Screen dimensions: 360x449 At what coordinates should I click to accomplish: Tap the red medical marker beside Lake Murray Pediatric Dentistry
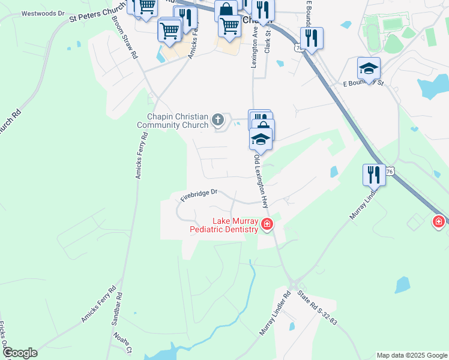267,226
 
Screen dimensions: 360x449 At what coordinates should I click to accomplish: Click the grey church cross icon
218,121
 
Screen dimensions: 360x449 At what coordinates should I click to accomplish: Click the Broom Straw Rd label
125,37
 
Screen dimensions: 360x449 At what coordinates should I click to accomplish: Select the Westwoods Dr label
43,13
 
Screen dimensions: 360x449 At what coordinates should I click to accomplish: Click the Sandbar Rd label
116,309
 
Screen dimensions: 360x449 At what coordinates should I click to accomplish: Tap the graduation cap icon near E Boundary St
369,68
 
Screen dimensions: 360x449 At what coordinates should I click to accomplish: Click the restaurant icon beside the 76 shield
373,175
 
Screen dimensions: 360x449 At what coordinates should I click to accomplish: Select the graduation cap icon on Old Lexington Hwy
261,139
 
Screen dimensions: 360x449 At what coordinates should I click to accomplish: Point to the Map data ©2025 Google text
412,355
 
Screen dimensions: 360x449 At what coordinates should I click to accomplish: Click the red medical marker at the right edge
439,222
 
